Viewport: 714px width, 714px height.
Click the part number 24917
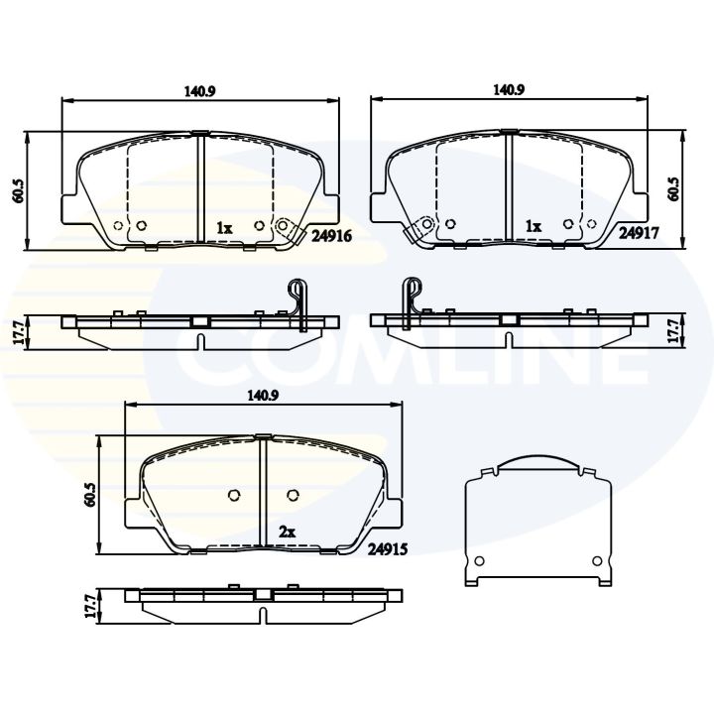[x=640, y=235]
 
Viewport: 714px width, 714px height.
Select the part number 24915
[x=388, y=546]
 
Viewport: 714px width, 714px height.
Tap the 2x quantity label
[x=287, y=533]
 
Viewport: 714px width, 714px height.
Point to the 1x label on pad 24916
[x=224, y=228]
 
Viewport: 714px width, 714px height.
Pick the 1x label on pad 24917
[x=533, y=227]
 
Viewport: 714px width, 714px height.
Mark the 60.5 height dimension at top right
[x=674, y=189]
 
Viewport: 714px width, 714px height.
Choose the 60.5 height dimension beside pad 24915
[x=90, y=495]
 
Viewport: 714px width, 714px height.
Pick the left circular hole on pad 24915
[x=235, y=496]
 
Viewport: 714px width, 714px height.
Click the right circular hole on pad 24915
[x=292, y=496]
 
